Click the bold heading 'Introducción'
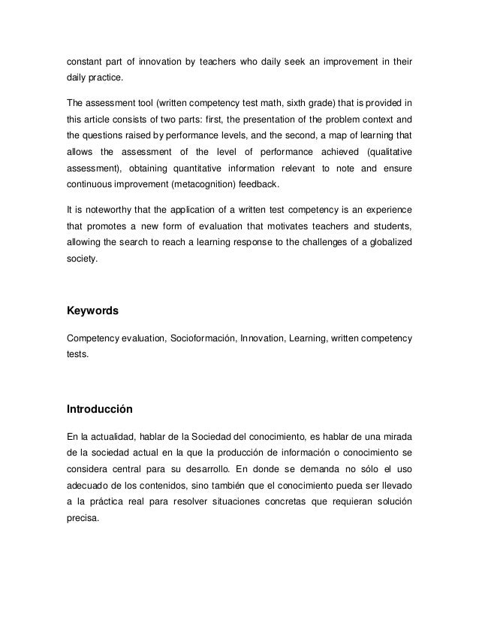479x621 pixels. point(100,409)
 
